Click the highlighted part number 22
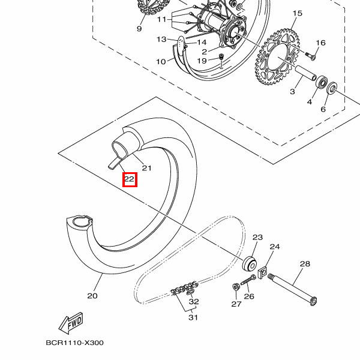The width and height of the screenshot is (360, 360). pyautogui.click(x=130, y=179)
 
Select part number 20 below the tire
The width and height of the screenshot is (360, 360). pyautogui.click(x=92, y=295)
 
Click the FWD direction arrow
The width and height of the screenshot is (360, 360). pyautogui.click(x=70, y=324)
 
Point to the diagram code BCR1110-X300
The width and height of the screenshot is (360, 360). pyautogui.click(x=74, y=343)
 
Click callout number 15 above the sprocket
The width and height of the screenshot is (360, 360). pyautogui.click(x=297, y=13)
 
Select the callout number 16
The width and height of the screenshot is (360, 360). pyautogui.click(x=320, y=43)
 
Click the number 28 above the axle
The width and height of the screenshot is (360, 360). pyautogui.click(x=304, y=264)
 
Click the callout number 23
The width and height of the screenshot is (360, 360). pyautogui.click(x=257, y=238)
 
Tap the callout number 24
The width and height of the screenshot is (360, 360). pyautogui.click(x=275, y=247)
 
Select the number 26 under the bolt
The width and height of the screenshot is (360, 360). pyautogui.click(x=249, y=296)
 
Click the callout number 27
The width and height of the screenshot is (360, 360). pyautogui.click(x=236, y=304)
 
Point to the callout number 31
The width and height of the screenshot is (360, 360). pyautogui.click(x=193, y=317)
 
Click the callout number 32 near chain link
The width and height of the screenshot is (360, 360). pyautogui.click(x=193, y=302)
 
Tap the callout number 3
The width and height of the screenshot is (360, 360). pyautogui.click(x=292, y=92)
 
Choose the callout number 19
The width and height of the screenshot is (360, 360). pyautogui.click(x=202, y=61)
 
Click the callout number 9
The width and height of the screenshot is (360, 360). pyautogui.click(x=139, y=29)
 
